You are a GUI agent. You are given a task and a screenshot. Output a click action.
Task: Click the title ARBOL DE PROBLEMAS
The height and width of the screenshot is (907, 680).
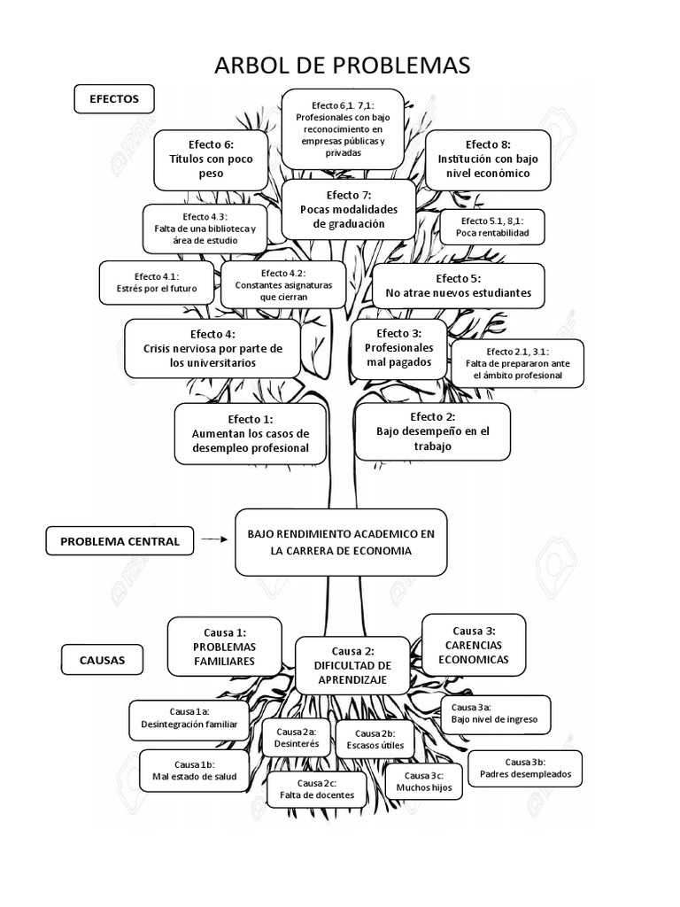click(x=339, y=66)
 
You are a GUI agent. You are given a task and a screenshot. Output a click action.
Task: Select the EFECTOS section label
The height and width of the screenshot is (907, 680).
click(x=113, y=100)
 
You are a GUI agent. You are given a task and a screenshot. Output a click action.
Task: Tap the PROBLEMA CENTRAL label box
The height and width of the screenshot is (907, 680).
click(x=120, y=540)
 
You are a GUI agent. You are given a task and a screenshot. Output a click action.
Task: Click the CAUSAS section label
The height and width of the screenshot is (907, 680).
click(x=103, y=660)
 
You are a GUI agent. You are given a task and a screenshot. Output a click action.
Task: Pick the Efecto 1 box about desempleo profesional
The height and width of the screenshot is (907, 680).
click(x=251, y=433)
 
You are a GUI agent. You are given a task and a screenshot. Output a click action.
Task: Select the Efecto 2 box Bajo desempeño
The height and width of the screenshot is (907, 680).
click(x=431, y=431)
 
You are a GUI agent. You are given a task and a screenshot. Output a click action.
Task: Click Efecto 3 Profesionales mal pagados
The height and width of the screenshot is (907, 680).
click(x=398, y=348)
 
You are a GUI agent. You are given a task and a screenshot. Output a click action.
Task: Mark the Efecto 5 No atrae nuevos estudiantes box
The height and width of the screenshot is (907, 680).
click(x=458, y=285)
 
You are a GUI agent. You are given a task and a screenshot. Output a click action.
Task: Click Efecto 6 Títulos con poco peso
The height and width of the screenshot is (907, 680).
click(x=211, y=159)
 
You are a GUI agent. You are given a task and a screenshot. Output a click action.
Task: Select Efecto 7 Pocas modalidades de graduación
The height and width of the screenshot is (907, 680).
click(x=348, y=210)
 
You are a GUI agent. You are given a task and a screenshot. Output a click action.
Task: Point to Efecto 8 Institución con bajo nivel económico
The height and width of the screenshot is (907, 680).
click(x=488, y=159)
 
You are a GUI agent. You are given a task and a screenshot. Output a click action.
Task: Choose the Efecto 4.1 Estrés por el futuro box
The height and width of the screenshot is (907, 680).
click(x=156, y=283)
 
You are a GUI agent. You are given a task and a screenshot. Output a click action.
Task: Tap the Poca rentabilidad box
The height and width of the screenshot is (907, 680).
click(x=491, y=227)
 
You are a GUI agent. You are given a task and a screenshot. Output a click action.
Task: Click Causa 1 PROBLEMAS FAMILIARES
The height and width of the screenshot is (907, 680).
click(x=224, y=647)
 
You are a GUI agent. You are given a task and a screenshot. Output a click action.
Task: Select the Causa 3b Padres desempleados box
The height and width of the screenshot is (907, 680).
click(x=525, y=768)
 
